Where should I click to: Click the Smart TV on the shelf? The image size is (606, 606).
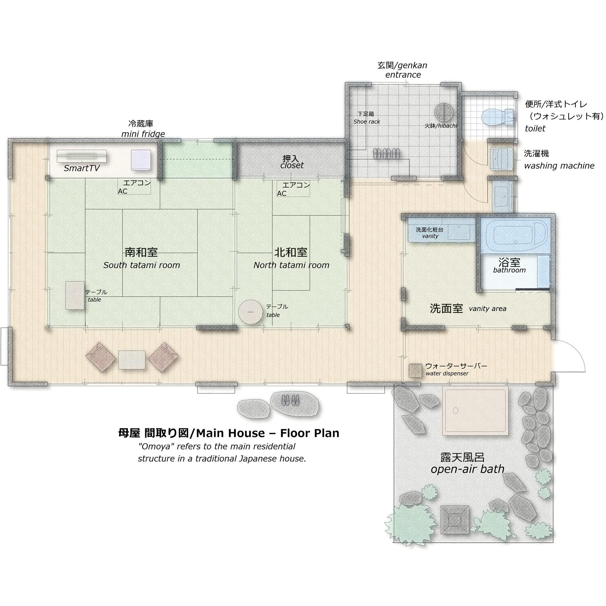[81, 156]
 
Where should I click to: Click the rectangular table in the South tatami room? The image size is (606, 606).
[75, 295]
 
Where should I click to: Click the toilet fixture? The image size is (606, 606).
[498, 117]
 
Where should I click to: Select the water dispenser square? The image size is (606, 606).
[415, 371]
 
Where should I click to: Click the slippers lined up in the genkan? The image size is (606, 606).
[387, 153]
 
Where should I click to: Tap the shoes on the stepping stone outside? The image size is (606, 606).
[290, 400]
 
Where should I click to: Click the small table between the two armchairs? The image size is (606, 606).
[132, 359]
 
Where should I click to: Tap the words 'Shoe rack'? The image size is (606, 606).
[367, 122]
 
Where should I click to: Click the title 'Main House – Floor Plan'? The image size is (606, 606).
[268, 433]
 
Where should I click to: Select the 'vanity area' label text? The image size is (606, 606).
[488, 309]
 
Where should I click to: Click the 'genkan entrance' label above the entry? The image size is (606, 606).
[403, 70]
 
